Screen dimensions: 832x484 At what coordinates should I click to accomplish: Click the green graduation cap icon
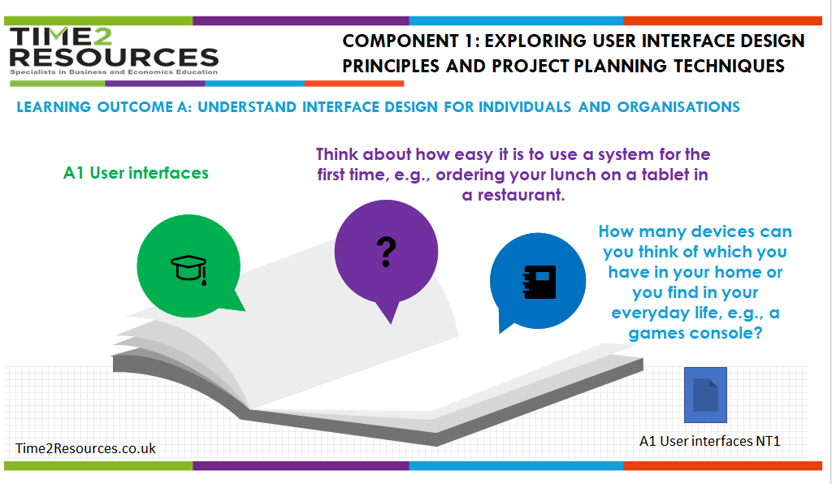[x=188, y=270]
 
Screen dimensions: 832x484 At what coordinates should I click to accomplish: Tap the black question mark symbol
[x=386, y=252]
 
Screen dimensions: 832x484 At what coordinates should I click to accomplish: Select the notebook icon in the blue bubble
[x=539, y=282]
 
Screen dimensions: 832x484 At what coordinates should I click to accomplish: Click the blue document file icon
[x=705, y=395]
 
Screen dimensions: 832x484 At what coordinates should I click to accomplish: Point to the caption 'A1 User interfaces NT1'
[x=710, y=441]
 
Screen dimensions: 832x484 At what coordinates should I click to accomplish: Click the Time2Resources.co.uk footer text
[x=85, y=448]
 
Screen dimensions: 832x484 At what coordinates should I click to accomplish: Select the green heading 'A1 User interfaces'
[x=136, y=173]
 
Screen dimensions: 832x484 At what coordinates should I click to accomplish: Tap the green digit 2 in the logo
[x=102, y=37]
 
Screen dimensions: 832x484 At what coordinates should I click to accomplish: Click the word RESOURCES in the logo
[x=114, y=58]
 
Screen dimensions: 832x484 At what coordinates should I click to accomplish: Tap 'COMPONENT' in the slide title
[x=401, y=41]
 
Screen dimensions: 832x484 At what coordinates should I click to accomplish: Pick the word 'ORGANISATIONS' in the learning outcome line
[x=678, y=107]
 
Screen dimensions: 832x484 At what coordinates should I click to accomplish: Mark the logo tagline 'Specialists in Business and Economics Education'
[x=114, y=72]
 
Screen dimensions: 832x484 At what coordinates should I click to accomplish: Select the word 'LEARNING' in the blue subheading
[x=54, y=107]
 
